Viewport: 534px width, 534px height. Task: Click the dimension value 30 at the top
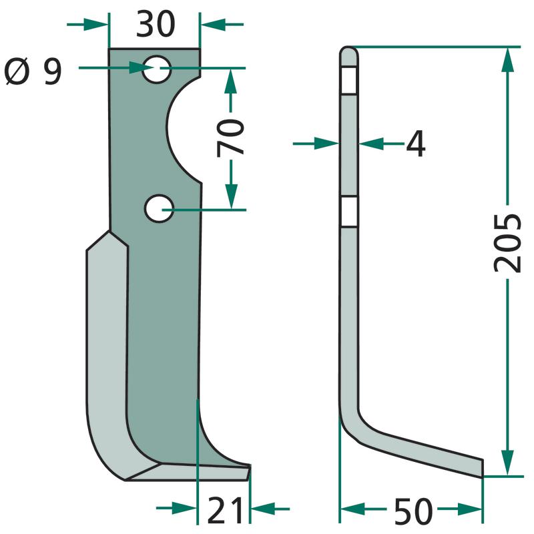coord(156,24)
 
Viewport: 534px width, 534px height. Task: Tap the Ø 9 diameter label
coord(33,71)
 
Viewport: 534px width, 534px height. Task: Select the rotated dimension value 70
coord(231,138)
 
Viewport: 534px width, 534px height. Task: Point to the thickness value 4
coord(416,144)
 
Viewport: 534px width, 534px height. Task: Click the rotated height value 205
coord(507,243)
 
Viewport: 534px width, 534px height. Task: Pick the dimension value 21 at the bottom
coord(225,510)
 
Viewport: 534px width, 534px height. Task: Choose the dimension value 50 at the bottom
coord(413,511)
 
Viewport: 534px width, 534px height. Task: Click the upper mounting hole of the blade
coord(157,69)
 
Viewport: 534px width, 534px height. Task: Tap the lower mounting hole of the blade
coord(159,209)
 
